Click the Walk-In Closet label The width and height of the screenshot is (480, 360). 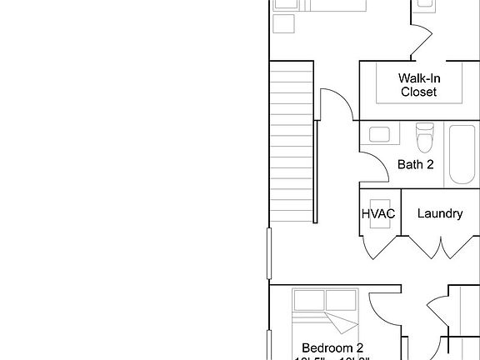418,85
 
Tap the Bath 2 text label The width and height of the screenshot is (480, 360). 415,164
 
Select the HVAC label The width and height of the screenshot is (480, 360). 377,213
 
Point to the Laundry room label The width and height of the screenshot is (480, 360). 439,213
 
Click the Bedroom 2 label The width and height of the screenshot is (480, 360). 332,347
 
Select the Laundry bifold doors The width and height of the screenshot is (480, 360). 439,247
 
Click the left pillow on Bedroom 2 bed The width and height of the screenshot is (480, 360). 308,299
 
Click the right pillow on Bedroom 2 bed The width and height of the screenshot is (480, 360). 342,299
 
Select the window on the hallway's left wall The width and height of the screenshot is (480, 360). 268,253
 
